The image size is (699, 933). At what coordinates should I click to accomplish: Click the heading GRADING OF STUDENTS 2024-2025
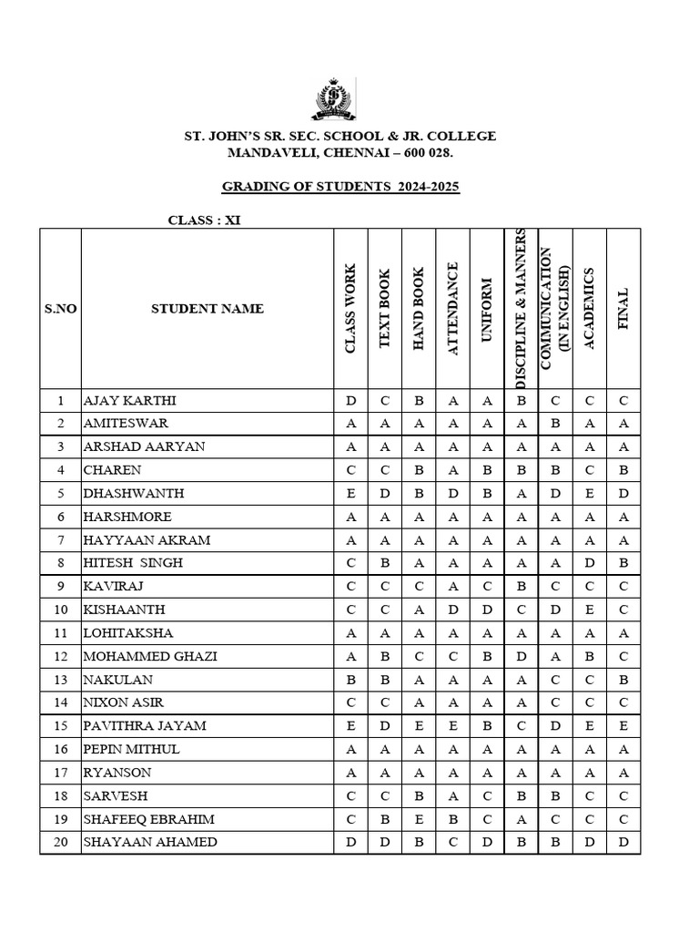click(341, 187)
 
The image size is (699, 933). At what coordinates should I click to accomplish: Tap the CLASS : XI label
click(205, 220)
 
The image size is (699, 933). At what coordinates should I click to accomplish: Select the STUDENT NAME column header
click(208, 308)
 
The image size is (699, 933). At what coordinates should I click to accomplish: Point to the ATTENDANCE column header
click(453, 308)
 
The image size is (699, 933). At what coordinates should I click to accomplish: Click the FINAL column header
click(623, 308)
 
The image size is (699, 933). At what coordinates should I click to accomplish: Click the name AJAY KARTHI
click(130, 401)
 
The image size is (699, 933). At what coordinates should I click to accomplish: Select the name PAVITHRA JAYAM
click(145, 726)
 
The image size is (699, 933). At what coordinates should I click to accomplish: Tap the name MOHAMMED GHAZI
click(150, 656)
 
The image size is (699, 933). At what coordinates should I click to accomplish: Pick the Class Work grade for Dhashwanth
click(350, 494)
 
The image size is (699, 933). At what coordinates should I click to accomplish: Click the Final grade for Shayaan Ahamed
click(623, 842)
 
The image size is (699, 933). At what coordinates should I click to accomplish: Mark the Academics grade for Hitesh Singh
click(589, 563)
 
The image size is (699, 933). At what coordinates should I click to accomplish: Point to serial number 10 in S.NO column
click(60, 610)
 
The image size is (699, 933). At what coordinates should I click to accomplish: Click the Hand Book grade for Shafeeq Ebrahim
click(419, 819)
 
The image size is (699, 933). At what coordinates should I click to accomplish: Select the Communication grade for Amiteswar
click(555, 424)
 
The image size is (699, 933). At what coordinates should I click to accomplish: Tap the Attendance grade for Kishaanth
click(453, 610)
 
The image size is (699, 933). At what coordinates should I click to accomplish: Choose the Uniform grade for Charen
click(487, 470)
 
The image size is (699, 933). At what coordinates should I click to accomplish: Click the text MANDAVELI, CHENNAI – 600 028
click(340, 153)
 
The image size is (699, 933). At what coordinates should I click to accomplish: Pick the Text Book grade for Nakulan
click(385, 680)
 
